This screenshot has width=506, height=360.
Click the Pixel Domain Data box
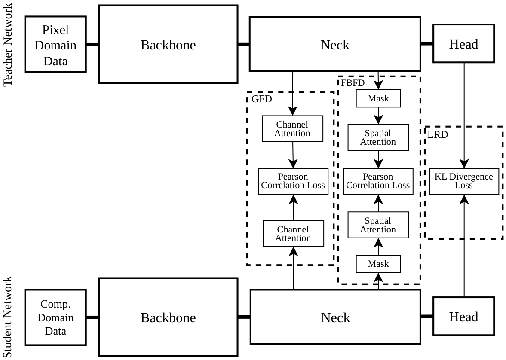click(x=55, y=44)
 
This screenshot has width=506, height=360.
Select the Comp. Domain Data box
click(x=55, y=317)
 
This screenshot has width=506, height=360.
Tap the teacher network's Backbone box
click(x=168, y=45)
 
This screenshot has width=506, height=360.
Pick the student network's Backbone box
click(x=168, y=317)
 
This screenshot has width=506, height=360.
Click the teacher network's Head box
click(x=463, y=43)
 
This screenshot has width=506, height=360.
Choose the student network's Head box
click(x=463, y=317)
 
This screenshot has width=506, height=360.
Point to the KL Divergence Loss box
click(x=464, y=181)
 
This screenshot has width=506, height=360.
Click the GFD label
click(x=262, y=99)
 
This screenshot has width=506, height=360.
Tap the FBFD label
click(x=353, y=83)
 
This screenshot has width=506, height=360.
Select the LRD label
click(x=438, y=134)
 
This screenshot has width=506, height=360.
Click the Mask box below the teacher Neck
click(x=378, y=98)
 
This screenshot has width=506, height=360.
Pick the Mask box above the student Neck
click(x=378, y=264)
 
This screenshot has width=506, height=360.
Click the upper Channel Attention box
click(x=292, y=129)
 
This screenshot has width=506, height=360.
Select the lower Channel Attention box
click(x=293, y=234)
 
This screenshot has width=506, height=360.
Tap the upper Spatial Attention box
click(x=378, y=137)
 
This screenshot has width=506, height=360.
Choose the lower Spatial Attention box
click(x=378, y=225)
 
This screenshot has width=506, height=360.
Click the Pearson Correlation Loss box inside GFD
click(x=293, y=181)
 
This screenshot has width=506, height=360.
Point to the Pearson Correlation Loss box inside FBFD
click(x=378, y=181)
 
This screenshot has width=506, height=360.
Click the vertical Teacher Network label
click(x=7, y=45)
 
